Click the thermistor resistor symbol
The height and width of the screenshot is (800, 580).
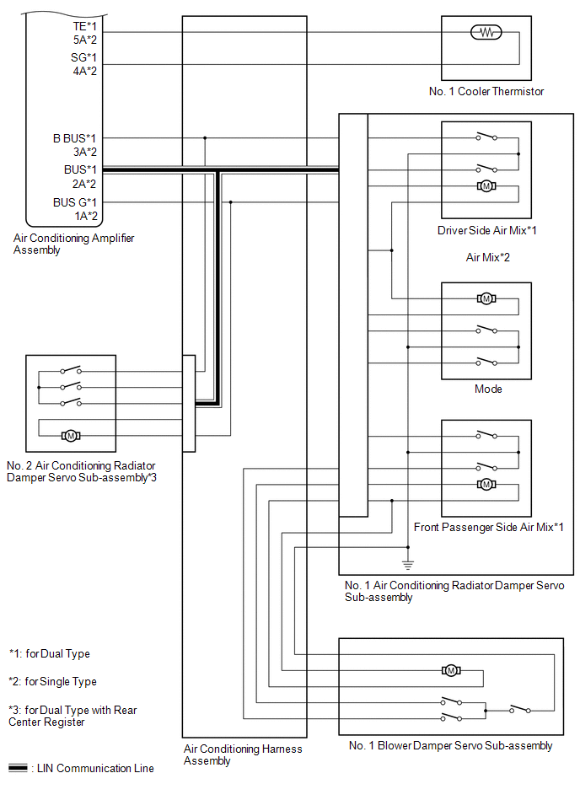(486, 33)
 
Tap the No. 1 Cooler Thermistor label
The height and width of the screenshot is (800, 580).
(486, 91)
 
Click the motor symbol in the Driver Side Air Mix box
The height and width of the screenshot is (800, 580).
(486, 186)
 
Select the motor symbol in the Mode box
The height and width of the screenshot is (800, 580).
(486, 298)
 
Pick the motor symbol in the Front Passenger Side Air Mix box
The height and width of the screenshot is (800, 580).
(486, 484)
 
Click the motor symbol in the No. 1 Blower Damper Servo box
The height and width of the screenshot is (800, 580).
(451, 670)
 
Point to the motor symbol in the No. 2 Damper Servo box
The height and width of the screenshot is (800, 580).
(71, 436)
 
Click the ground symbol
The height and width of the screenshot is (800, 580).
(407, 565)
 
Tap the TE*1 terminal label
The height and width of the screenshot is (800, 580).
(84, 26)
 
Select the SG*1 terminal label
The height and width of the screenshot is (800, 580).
(83, 57)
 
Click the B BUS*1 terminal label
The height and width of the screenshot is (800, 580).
(74, 138)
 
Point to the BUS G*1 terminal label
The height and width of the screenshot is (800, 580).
(74, 202)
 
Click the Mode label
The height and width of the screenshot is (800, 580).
(488, 389)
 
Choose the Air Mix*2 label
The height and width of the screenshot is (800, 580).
(487, 258)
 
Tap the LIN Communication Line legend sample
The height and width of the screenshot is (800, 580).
(18, 768)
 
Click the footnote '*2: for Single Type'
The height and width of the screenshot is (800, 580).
(52, 682)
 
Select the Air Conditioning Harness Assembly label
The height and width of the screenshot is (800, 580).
(243, 754)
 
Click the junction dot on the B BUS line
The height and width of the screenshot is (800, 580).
(205, 138)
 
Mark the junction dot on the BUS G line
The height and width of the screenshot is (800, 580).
(231, 202)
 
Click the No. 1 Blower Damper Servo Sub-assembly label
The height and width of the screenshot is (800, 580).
(450, 746)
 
